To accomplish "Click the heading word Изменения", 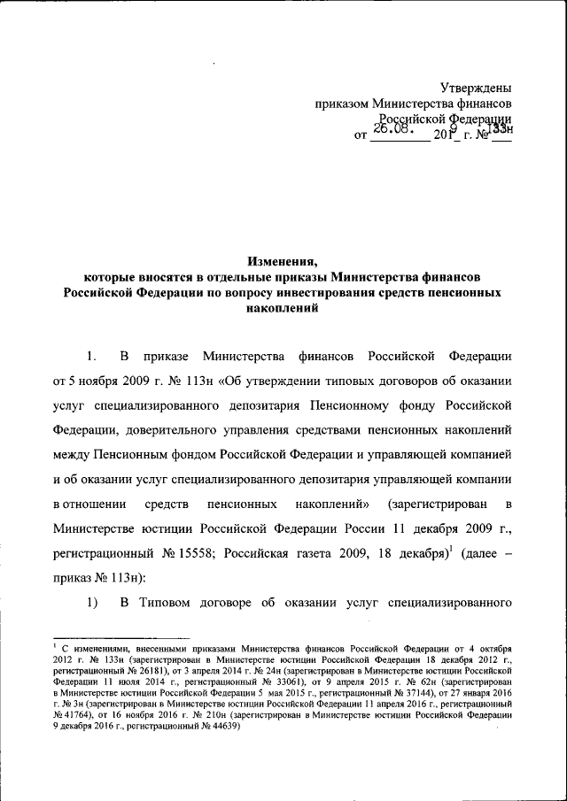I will click(283, 260).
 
